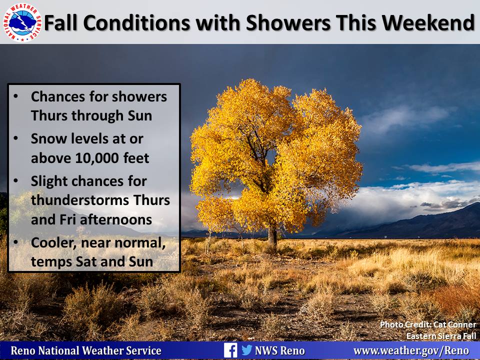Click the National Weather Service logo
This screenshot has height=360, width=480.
click(x=21, y=22)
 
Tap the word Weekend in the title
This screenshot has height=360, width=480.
click(x=428, y=23)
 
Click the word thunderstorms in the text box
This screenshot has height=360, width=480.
click(x=80, y=200)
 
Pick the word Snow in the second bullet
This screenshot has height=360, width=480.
click(x=48, y=138)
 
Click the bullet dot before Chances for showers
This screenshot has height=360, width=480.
click(x=16, y=96)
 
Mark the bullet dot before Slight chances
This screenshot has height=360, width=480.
click(x=16, y=181)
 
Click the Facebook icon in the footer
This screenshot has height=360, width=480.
click(x=230, y=350)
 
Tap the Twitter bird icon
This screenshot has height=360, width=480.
click(x=246, y=350)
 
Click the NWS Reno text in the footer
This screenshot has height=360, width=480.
click(x=280, y=350)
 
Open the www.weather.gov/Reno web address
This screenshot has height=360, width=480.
click(x=411, y=350)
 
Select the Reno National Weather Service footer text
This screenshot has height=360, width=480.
click(x=86, y=350)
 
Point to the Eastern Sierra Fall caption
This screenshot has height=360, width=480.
click(x=441, y=336)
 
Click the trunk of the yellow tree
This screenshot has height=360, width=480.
click(x=272, y=235)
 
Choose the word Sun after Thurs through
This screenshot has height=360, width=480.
click(x=140, y=116)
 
